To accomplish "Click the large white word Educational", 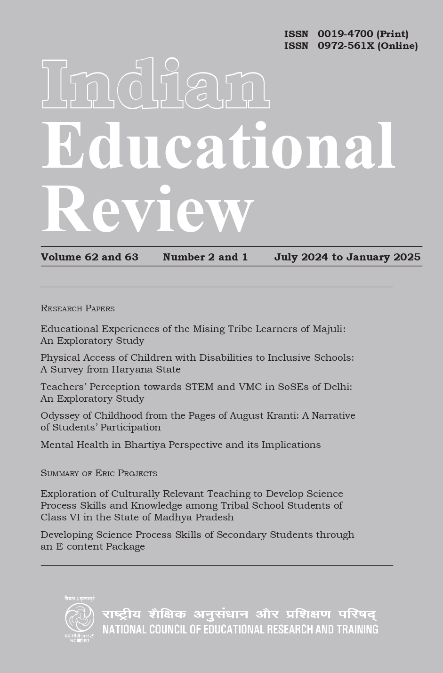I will [218, 146].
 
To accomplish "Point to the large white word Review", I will [147, 209].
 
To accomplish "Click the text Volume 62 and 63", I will [89, 257].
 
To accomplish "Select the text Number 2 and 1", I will [205, 257].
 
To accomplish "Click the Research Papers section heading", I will [78, 308].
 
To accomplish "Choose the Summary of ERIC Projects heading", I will [99, 473].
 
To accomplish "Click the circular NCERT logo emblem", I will [80, 617].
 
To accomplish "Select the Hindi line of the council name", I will [239, 615].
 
